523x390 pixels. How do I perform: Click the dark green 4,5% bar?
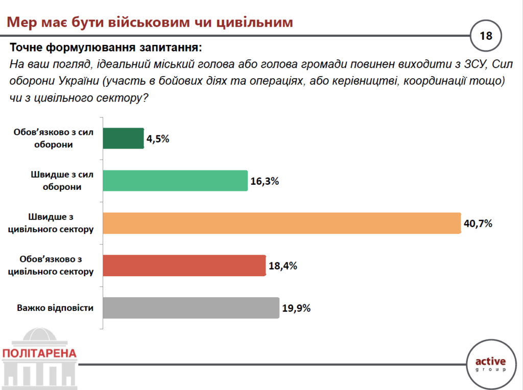pos(124,138)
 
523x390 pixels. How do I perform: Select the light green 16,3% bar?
pos(176,181)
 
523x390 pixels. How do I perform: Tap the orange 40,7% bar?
pos(282,223)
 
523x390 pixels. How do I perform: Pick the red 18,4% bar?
pos(184,265)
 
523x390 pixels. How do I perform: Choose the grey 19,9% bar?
pos(191,308)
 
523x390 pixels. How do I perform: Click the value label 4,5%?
pos(158,139)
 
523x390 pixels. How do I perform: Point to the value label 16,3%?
pos(265,181)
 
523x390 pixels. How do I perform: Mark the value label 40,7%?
pos(478,224)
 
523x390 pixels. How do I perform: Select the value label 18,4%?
pos(282,266)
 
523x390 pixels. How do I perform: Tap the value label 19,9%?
pos(296,308)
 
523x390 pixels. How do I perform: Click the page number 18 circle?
pos(486,36)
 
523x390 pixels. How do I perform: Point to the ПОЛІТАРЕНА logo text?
pos(39,353)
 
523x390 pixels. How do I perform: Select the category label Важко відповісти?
pos(55,308)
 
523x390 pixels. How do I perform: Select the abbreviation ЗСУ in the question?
pos(475,64)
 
